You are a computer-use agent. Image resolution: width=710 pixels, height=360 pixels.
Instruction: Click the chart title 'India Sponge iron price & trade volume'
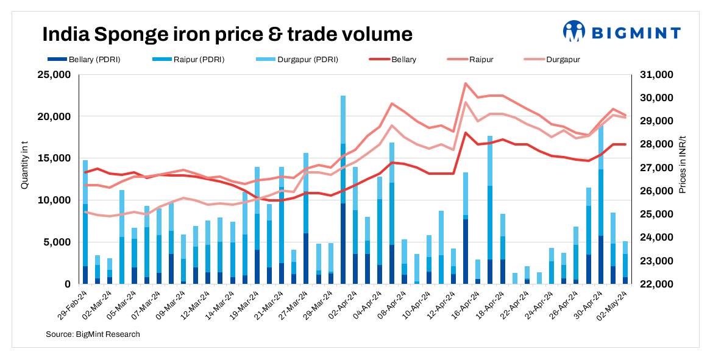coord(227,34)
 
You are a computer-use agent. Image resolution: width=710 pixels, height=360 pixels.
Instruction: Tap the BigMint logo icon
coord(573,31)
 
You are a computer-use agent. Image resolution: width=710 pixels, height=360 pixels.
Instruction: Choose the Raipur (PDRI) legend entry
coord(190,60)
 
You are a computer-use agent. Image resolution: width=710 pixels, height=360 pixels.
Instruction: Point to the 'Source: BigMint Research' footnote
coord(93,334)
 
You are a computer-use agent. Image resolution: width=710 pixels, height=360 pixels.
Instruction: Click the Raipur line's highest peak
coord(466,83)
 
